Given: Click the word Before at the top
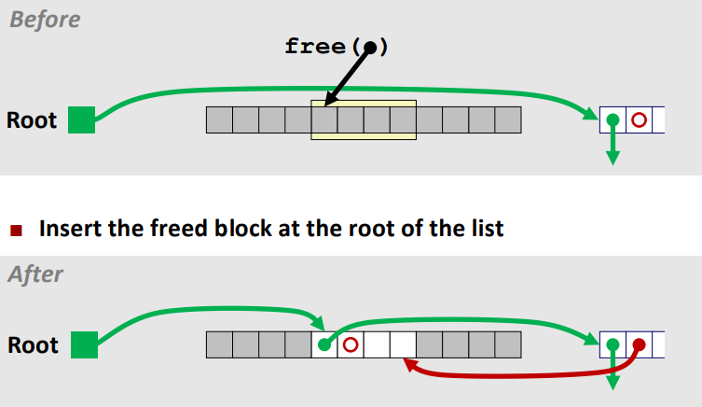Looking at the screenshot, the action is (x=44, y=19).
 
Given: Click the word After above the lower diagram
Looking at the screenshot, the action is (x=36, y=275).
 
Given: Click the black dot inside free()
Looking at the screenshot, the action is (x=370, y=47).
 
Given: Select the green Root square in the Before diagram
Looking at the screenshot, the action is (x=82, y=120).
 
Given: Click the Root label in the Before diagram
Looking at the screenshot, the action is (x=32, y=121).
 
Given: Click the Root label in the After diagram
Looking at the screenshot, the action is (x=33, y=345).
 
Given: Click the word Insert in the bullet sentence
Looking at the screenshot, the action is (x=71, y=228).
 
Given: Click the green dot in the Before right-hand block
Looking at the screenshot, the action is (x=613, y=120).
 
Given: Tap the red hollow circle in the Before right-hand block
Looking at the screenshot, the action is (x=639, y=120).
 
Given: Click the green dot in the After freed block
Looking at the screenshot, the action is (x=323, y=344).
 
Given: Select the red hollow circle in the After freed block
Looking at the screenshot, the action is (x=350, y=344).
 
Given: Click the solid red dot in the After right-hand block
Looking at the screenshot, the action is (x=639, y=344).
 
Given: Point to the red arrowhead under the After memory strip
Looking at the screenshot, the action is (x=408, y=366).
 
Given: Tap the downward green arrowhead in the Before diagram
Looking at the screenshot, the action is (x=613, y=157).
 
